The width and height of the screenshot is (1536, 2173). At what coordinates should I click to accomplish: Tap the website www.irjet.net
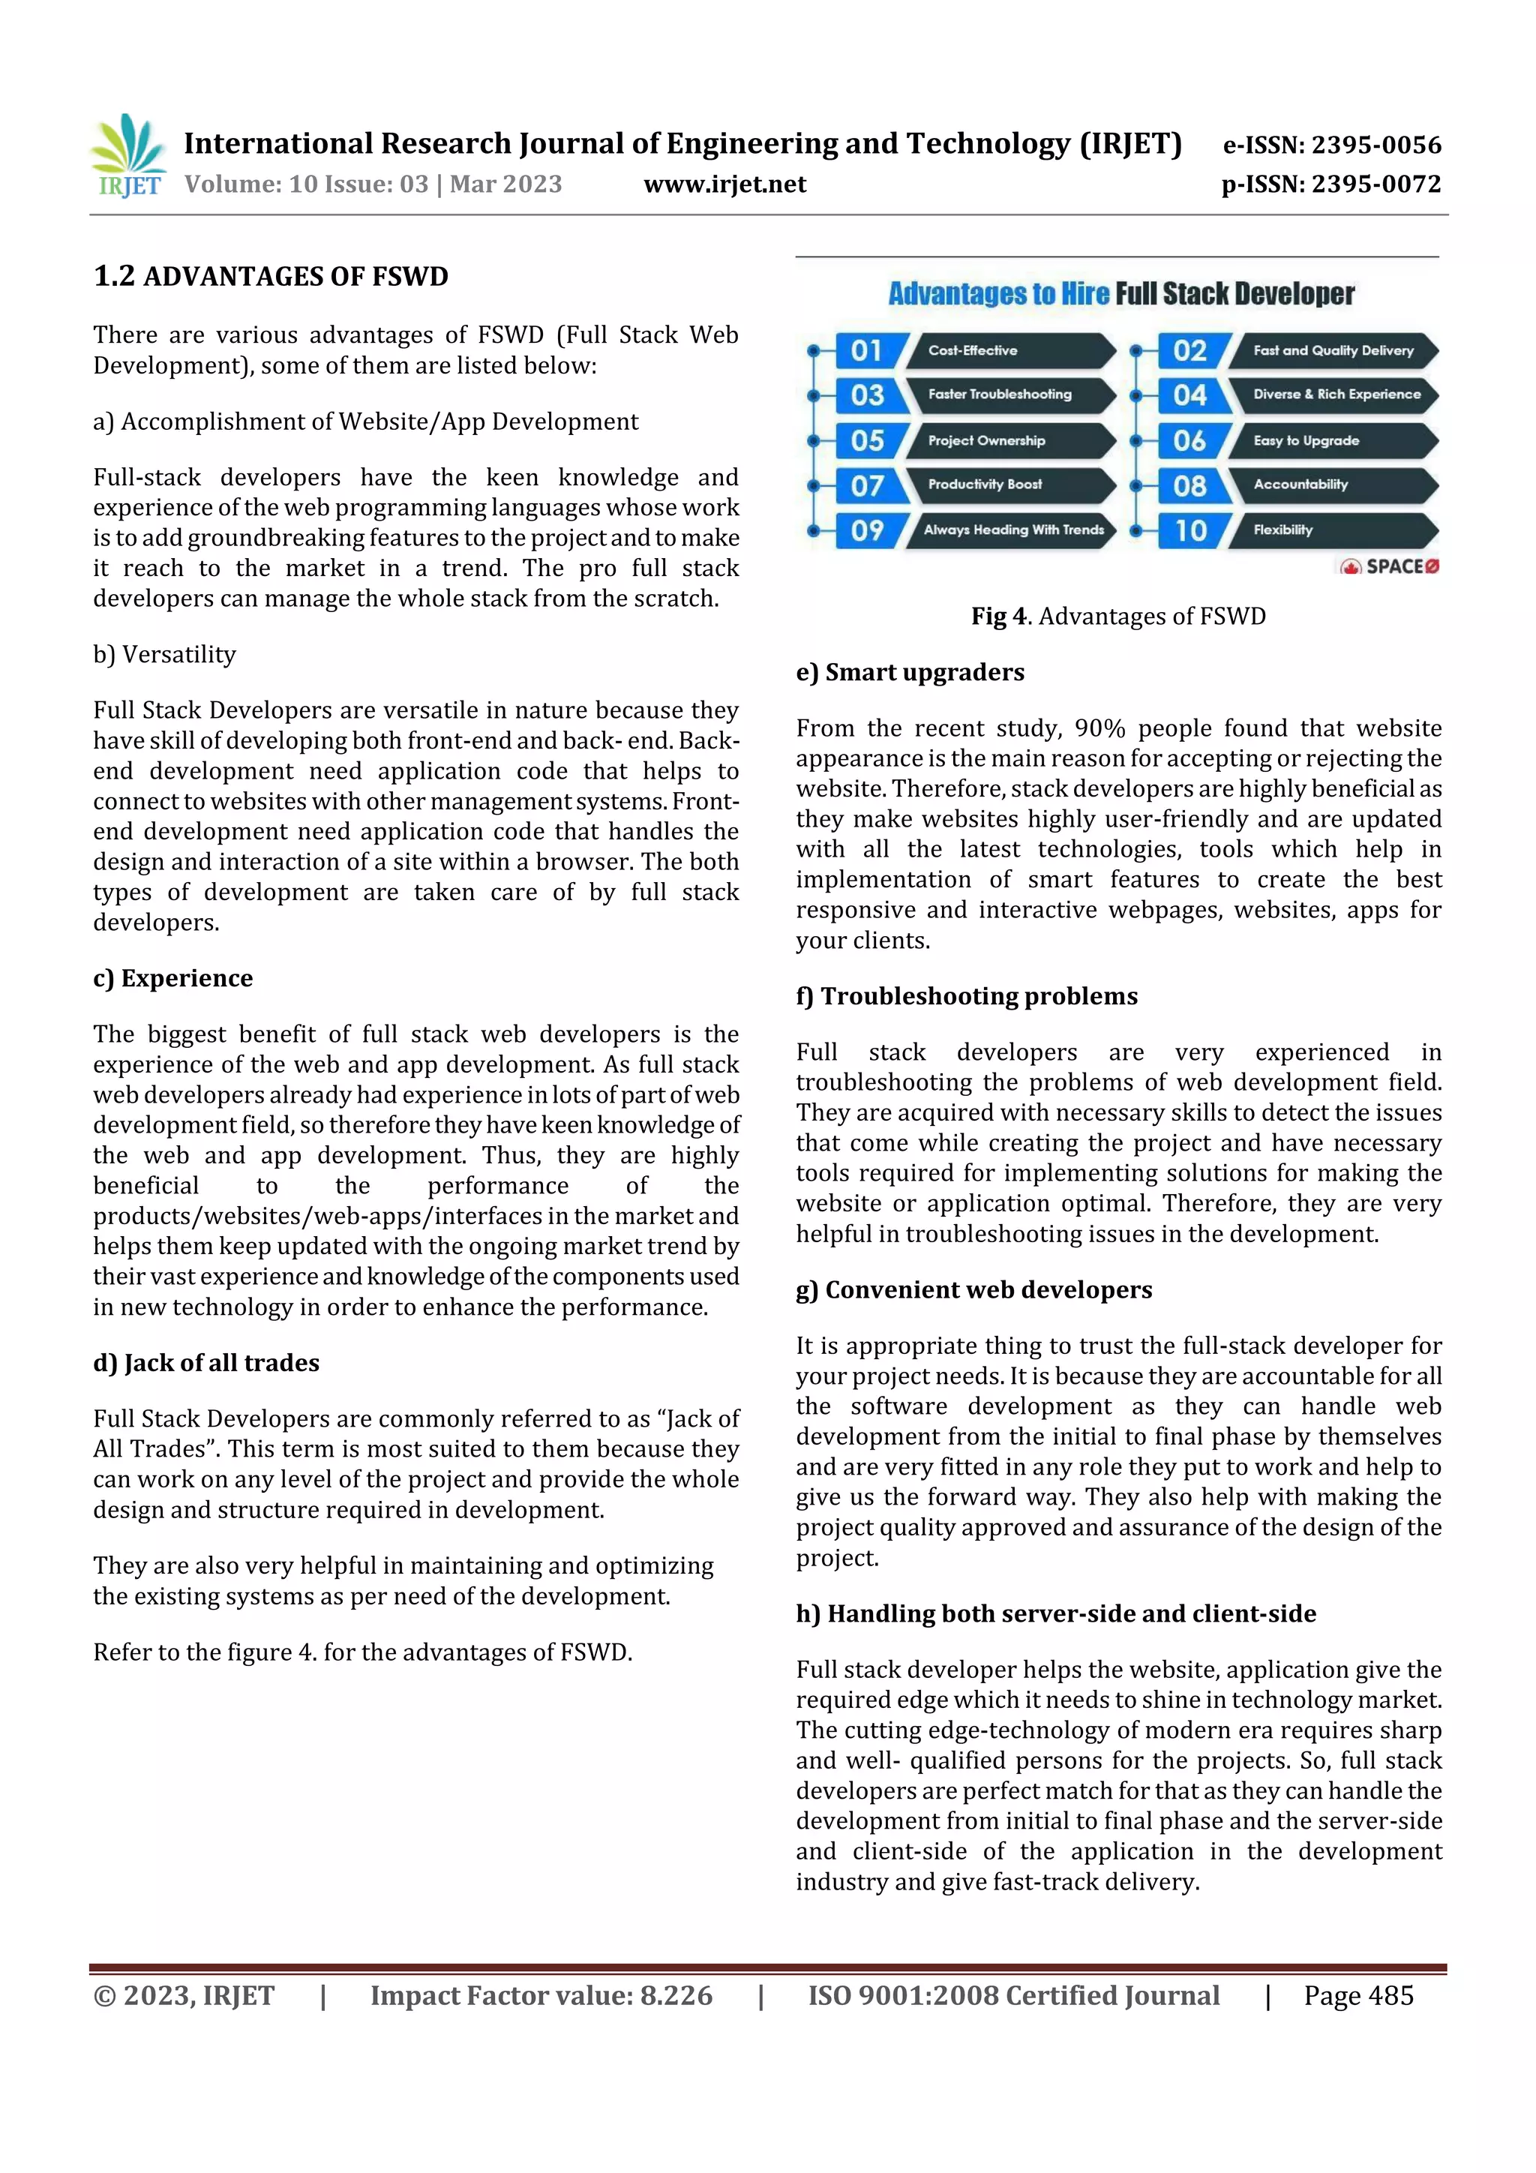point(725,185)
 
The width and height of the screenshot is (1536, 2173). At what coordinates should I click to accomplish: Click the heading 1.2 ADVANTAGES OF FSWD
point(271,276)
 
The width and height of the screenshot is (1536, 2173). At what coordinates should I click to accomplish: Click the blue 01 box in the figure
point(867,351)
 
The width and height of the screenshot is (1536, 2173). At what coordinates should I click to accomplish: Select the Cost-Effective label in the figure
point(973,351)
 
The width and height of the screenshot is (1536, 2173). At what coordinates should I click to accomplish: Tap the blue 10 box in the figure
point(1190,530)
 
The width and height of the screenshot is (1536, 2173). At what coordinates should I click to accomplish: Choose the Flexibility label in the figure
point(1283,530)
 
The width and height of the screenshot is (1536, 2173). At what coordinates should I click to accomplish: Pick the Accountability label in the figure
point(1300,485)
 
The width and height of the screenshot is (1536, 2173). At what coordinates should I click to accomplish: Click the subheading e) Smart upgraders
point(910,673)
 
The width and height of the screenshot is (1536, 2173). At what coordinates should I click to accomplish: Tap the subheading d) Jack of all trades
point(206,1363)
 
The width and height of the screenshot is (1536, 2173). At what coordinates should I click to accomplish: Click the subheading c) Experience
point(173,979)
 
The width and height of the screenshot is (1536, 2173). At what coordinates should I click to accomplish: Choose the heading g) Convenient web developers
point(973,1290)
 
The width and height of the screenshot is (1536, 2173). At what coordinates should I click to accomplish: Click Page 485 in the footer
point(1358,1995)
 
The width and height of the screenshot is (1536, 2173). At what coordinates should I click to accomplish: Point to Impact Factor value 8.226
point(541,1995)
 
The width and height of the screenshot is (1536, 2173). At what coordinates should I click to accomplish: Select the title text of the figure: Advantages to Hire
point(998,294)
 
